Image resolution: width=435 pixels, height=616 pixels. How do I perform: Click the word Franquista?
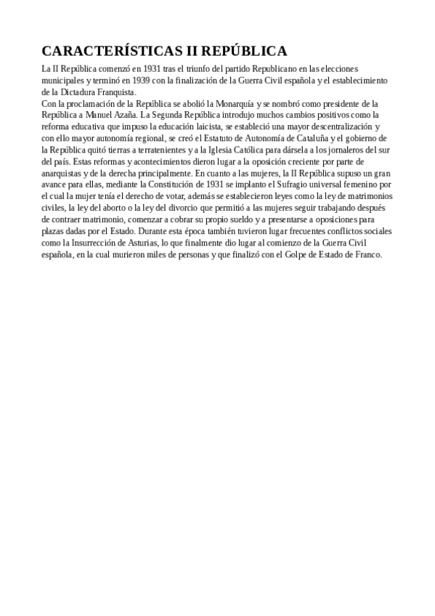112,92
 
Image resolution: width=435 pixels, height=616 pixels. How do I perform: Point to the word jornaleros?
338,150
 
